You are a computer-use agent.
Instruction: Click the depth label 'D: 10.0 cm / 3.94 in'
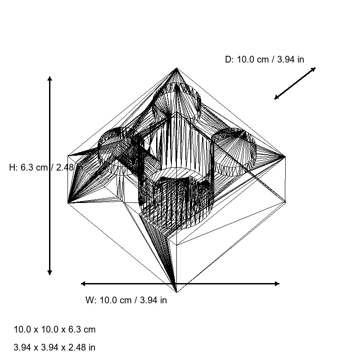[264, 59]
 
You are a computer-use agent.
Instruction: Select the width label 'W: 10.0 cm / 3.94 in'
[126, 300]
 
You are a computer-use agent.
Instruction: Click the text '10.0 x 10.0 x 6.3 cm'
[55, 329]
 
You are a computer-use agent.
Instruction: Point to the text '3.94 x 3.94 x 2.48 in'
[54, 347]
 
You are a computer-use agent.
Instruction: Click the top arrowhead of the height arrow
[49, 79]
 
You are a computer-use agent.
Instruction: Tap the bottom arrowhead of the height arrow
[49, 272]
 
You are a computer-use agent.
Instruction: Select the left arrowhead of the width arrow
[83, 283]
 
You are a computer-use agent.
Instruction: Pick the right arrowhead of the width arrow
[277, 283]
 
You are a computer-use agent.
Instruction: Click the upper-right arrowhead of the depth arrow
[314, 69]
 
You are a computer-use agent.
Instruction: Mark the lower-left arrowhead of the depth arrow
[276, 98]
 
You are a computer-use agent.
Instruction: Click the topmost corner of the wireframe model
[176, 68]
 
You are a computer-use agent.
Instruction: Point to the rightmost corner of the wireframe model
[285, 157]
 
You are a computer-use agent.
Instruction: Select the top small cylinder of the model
[177, 101]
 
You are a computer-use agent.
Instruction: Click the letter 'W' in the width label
[89, 300]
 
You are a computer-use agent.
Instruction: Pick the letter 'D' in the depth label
[228, 59]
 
